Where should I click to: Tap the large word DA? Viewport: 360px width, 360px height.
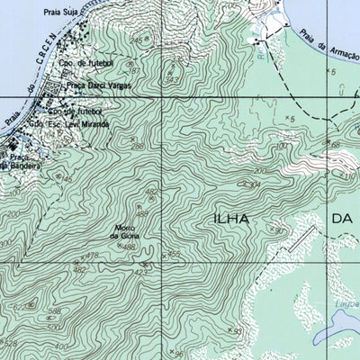pos(343,219)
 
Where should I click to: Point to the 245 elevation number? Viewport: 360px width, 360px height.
pos(137,40)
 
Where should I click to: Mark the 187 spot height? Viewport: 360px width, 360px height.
pos(132,70)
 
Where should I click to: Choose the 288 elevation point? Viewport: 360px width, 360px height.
pos(138,146)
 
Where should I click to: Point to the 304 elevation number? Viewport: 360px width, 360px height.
pos(255,184)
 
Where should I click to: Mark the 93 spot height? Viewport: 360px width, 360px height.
pos(238,331)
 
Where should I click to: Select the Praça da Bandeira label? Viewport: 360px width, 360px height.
pos(18,165)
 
